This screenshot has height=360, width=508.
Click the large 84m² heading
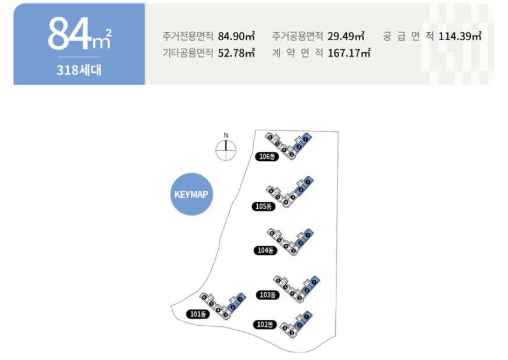click(x=79, y=34)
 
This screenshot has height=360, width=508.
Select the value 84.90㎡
click(x=237, y=36)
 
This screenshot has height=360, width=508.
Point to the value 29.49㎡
click(x=346, y=36)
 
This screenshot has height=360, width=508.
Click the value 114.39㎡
click(x=460, y=36)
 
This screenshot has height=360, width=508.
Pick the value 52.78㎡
click(x=237, y=53)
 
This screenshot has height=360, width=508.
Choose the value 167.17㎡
click(x=349, y=53)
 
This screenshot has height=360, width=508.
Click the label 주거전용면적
click(x=188, y=36)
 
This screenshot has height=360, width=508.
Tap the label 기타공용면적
click(x=188, y=53)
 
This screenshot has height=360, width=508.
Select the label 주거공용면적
click(x=297, y=36)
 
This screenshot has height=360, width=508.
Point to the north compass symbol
click(x=226, y=149)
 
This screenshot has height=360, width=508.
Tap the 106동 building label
click(x=267, y=156)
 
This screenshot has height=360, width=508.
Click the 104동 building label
click(x=265, y=251)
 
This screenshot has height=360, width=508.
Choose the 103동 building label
click(x=268, y=295)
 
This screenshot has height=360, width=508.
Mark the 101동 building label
click(x=198, y=314)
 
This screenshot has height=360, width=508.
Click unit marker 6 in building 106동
click(x=271, y=136)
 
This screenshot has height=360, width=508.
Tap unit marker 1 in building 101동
click(x=239, y=299)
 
